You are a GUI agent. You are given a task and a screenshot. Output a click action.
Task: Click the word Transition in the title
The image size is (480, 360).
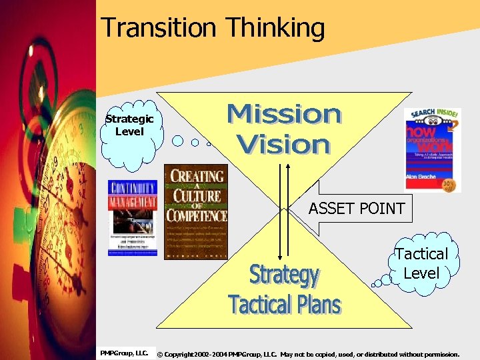click(x=159, y=28)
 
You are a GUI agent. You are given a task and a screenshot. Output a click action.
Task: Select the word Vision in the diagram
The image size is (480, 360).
click(x=283, y=144)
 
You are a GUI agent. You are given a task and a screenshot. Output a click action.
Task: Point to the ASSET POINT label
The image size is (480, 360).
click(x=356, y=209)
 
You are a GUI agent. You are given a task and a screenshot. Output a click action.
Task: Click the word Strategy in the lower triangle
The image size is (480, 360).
click(x=284, y=275)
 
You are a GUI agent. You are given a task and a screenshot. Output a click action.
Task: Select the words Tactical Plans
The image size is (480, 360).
click(x=285, y=304)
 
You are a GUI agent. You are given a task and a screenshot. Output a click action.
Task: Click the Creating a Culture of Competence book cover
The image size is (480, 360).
click(x=196, y=211)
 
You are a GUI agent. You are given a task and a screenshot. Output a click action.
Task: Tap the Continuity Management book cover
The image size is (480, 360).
click(x=133, y=219)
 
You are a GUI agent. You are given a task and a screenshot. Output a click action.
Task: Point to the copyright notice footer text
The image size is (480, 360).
click(x=307, y=354)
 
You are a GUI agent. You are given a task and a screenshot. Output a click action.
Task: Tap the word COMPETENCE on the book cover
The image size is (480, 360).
click(x=197, y=215)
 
